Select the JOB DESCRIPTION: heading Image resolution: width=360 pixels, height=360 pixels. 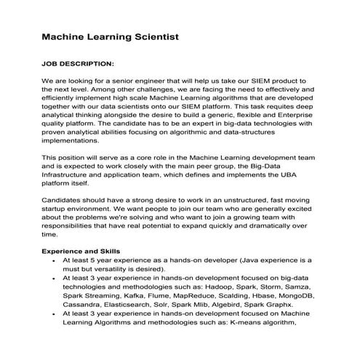(x=78, y=63)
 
